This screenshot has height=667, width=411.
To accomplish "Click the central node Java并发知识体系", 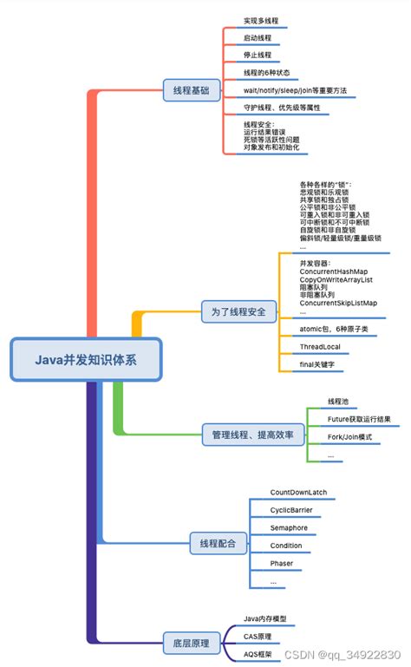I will point(86,359).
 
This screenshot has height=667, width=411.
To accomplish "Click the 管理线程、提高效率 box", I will point(253,433).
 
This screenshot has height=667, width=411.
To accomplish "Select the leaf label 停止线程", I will point(258,55).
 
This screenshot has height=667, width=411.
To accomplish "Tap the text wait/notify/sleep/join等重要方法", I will point(296,89).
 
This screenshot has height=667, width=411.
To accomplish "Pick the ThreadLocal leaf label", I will point(320,347).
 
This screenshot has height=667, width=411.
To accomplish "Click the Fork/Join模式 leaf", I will point(349,437).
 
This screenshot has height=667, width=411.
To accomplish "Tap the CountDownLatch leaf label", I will point(298,493).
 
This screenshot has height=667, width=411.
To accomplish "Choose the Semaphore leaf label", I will point(289,528).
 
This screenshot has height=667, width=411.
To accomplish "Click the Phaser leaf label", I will point(283,564).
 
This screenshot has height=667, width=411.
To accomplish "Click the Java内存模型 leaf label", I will point(265,618).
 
